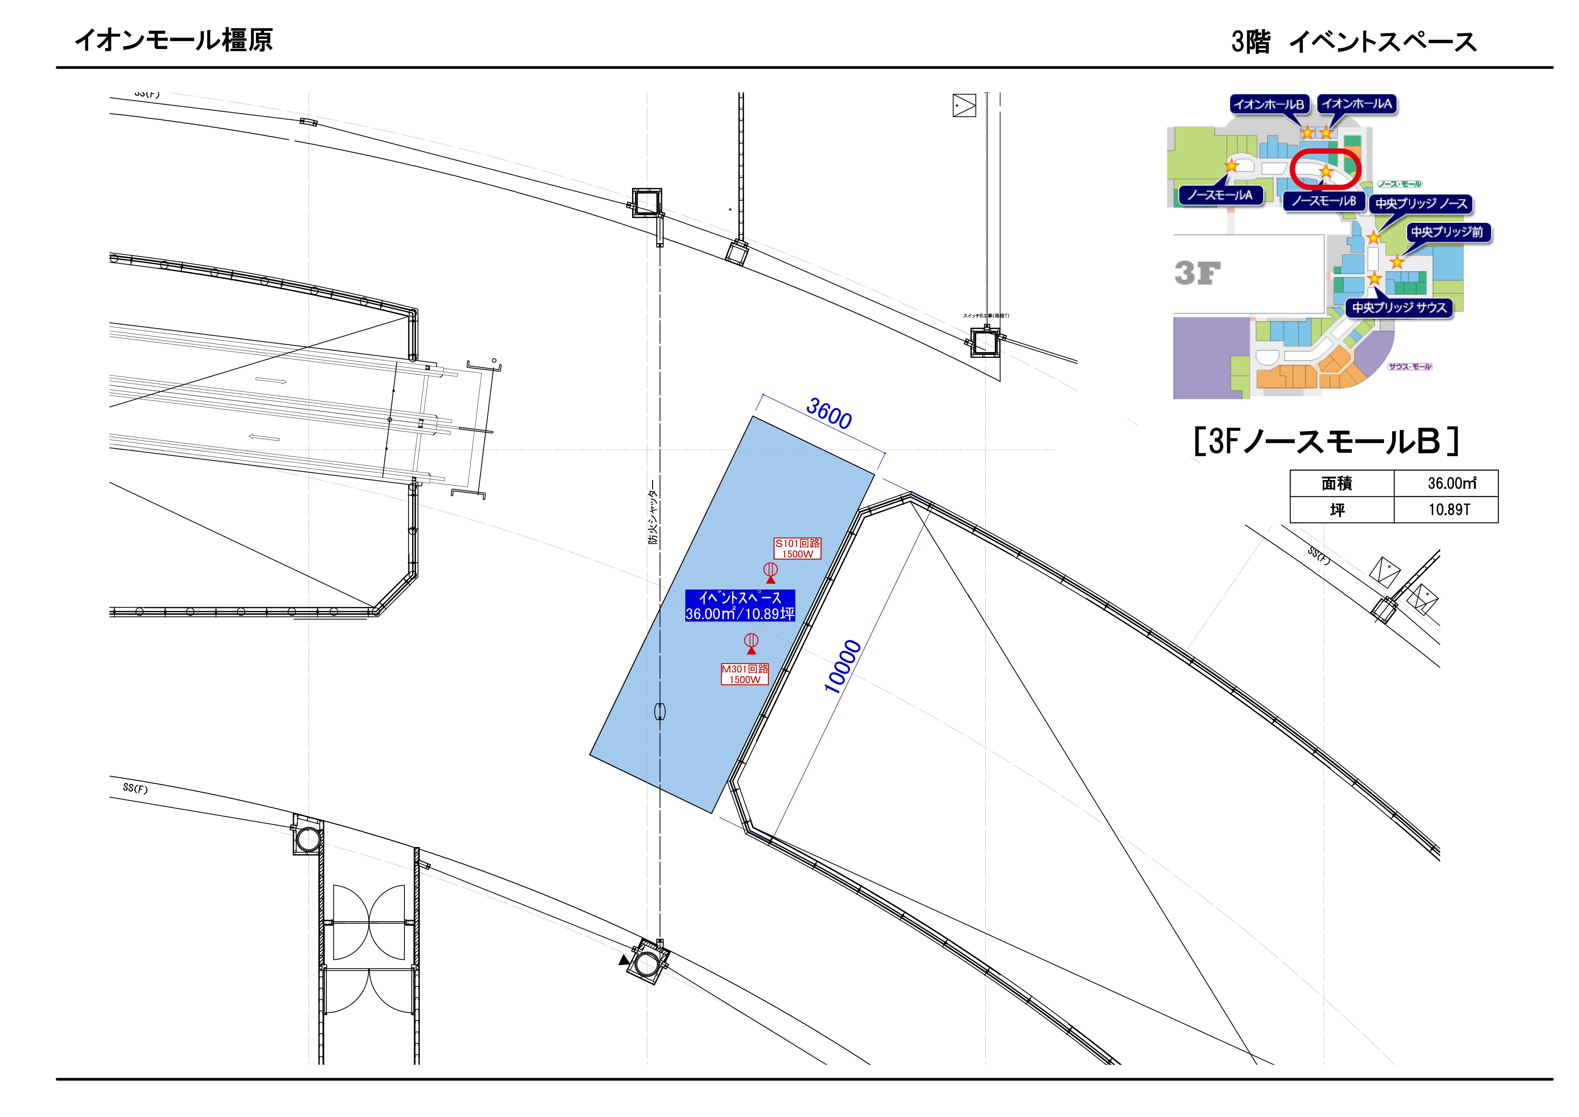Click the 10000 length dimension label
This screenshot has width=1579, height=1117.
[842, 666]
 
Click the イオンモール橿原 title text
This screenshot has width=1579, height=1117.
[173, 40]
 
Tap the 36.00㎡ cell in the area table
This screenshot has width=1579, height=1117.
[1451, 484]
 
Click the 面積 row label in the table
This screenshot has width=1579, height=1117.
[1337, 484]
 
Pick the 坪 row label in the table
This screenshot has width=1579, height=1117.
[1337, 510]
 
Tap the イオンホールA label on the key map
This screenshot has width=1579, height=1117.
[1356, 104]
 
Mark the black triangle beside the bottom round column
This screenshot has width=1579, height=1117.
[624, 960]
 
